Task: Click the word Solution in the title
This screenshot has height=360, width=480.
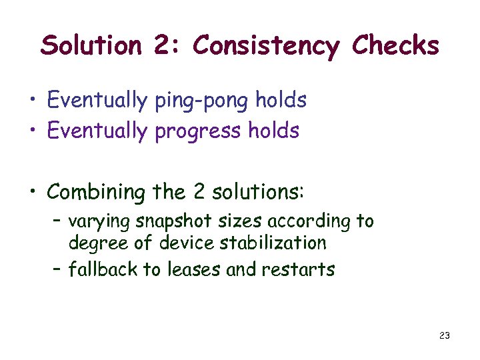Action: coord(91,46)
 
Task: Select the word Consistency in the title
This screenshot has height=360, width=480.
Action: coord(265,46)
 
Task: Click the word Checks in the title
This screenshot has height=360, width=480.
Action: coord(395,46)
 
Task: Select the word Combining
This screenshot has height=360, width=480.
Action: coord(97,193)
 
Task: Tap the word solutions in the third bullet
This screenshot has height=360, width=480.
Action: coord(257,192)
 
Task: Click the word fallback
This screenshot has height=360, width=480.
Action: coord(95,269)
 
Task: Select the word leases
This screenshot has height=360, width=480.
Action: coord(192,269)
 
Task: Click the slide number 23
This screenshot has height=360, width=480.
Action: coord(445,335)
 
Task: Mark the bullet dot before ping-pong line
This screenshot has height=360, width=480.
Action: coord(32,102)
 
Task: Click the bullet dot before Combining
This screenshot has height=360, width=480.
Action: coord(32,193)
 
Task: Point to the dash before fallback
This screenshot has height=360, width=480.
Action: coord(57,269)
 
